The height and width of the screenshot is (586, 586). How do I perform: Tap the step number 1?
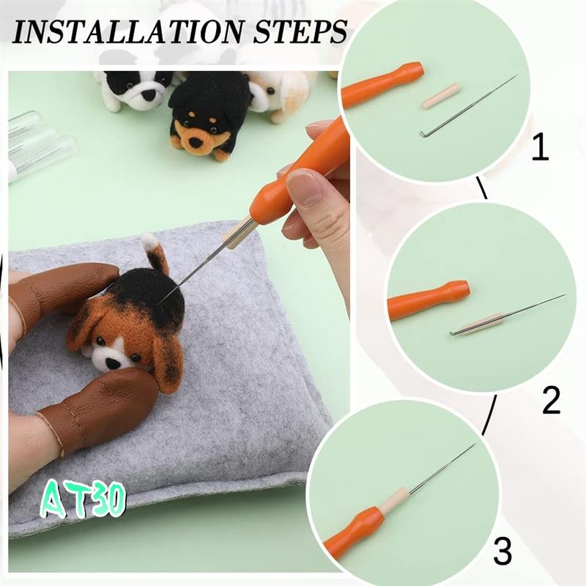[x=540, y=148]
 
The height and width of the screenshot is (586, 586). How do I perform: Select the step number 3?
[x=502, y=552]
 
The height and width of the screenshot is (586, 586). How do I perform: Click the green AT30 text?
[x=83, y=500]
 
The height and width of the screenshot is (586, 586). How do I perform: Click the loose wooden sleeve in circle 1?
[x=441, y=96]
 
